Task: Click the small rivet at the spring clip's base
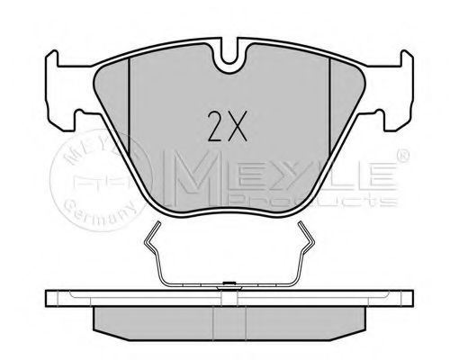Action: [226, 285]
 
